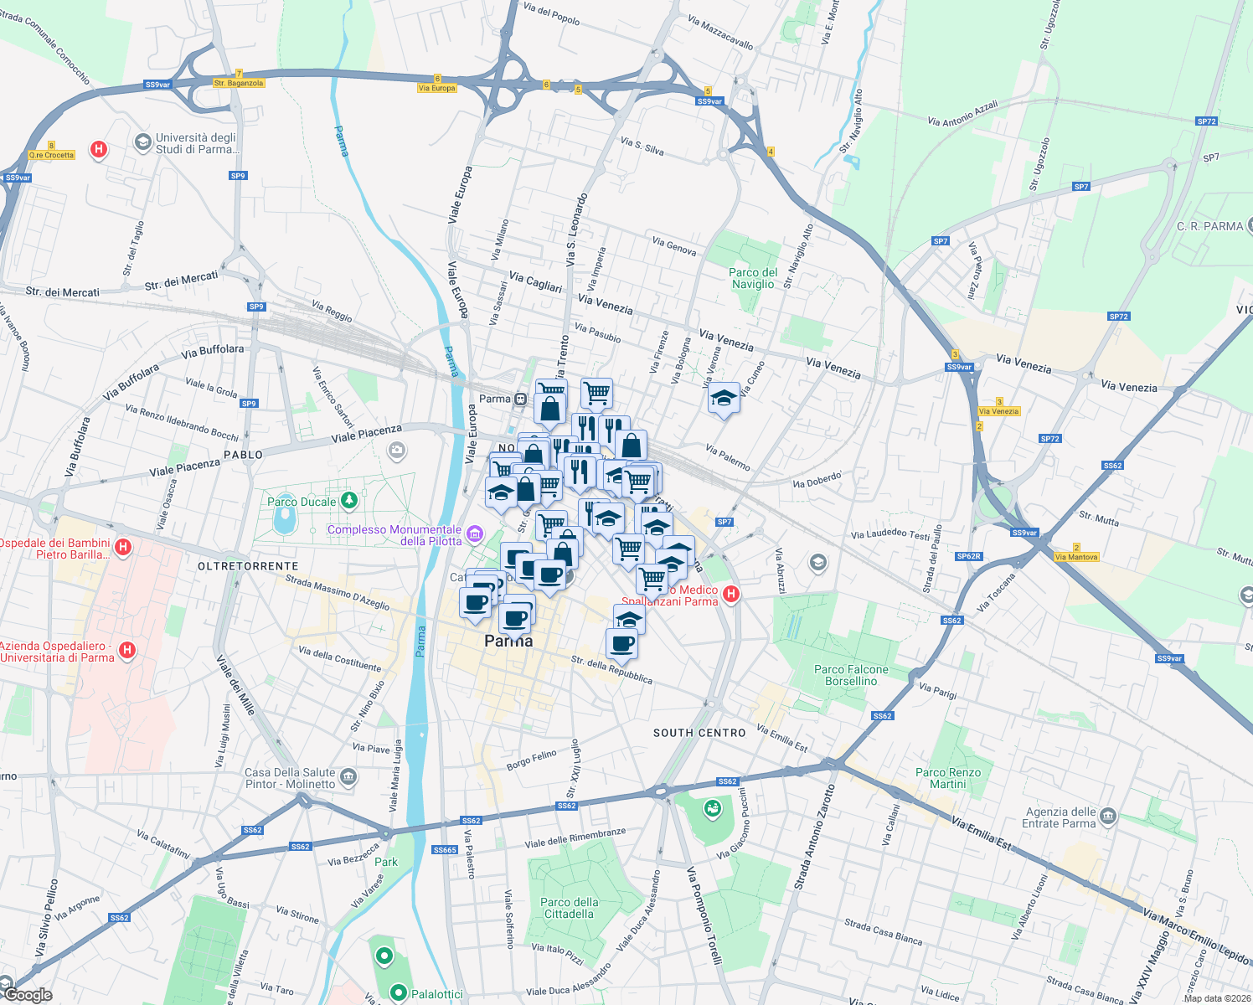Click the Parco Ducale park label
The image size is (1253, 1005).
click(x=302, y=502)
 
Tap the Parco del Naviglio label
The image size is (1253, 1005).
click(x=753, y=278)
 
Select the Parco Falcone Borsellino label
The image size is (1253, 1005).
click(x=851, y=675)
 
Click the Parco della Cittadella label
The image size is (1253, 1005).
click(x=570, y=908)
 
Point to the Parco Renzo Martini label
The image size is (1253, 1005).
click(x=948, y=778)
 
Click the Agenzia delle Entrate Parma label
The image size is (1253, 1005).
click(x=1060, y=817)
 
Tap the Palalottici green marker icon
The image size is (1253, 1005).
click(x=398, y=993)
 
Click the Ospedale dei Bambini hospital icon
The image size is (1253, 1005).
click(x=123, y=548)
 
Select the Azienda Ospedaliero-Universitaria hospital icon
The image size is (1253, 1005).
click(x=127, y=650)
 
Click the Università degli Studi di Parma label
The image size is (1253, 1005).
click(x=196, y=143)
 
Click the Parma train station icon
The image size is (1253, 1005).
click(x=521, y=399)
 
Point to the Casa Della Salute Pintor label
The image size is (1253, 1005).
click(x=290, y=778)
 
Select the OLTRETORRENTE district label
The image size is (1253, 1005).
click(x=236, y=566)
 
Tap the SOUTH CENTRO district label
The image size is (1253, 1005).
click(x=699, y=733)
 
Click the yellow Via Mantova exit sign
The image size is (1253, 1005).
click(x=1076, y=557)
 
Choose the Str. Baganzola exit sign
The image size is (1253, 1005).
click(x=239, y=83)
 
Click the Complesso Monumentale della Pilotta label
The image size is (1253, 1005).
click(x=394, y=535)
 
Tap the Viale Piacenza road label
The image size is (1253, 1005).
click(x=366, y=433)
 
